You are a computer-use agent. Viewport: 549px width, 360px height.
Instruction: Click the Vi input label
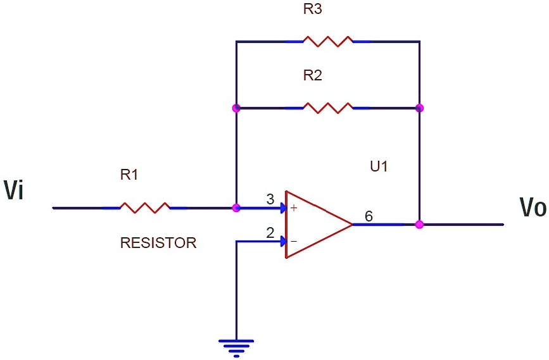tap(13, 190)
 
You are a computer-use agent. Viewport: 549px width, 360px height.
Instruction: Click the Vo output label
tap(532, 207)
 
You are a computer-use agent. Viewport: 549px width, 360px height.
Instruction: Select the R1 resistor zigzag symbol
tap(145, 208)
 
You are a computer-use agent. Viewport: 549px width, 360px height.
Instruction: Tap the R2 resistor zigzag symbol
tap(327, 108)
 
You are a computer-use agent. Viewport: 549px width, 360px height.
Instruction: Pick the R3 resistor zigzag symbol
tap(327, 41)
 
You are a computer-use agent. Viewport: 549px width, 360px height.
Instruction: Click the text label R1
tap(129, 175)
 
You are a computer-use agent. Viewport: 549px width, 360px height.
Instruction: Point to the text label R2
tap(312, 75)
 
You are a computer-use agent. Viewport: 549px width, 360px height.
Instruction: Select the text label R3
tap(312, 9)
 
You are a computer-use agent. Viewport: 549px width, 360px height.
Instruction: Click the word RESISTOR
tap(158, 242)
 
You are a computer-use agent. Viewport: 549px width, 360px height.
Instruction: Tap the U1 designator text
tap(379, 167)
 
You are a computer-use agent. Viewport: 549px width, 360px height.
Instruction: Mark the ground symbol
tap(236, 347)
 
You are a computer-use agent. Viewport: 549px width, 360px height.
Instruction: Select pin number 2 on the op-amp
tap(270, 233)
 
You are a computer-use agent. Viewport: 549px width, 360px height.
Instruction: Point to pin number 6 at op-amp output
tap(369, 216)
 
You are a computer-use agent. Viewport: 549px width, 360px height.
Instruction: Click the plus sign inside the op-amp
tap(293, 208)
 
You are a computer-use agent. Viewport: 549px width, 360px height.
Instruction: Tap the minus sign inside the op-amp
tap(293, 241)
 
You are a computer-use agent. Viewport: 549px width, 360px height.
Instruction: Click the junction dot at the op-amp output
tap(419, 224)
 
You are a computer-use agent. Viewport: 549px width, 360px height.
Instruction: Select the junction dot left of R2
tap(236, 108)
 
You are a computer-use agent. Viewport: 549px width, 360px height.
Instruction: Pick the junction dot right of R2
tap(419, 108)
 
